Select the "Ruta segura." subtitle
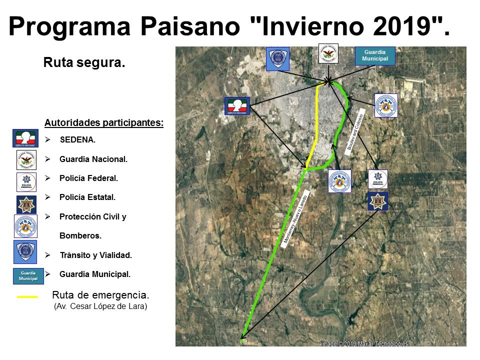coord(84,63)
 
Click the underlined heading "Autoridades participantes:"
coord(104,122)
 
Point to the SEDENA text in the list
coord(77,139)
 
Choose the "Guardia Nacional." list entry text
coord(93,159)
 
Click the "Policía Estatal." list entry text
coord(87,197)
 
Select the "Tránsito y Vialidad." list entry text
coord(95,255)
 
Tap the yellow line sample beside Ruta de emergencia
coord(27,296)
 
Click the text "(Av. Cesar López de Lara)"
coord(100,306)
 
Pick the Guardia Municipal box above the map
coord(375,55)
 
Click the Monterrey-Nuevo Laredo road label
coord(297,218)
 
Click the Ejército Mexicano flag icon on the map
coord(236,106)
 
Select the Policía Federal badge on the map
coord(377,179)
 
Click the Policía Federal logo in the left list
coord(26,182)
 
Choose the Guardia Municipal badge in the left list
coord(25,276)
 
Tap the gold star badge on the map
coord(377,201)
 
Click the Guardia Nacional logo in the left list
coord(26,160)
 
